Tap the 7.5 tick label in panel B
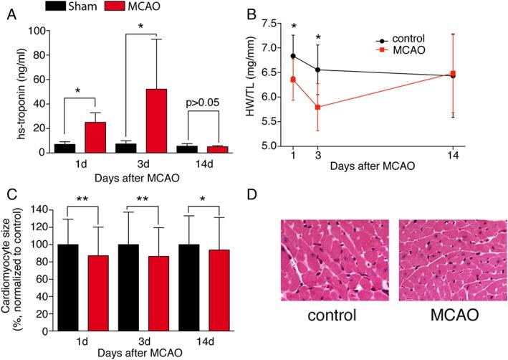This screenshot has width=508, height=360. click(268, 23)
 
